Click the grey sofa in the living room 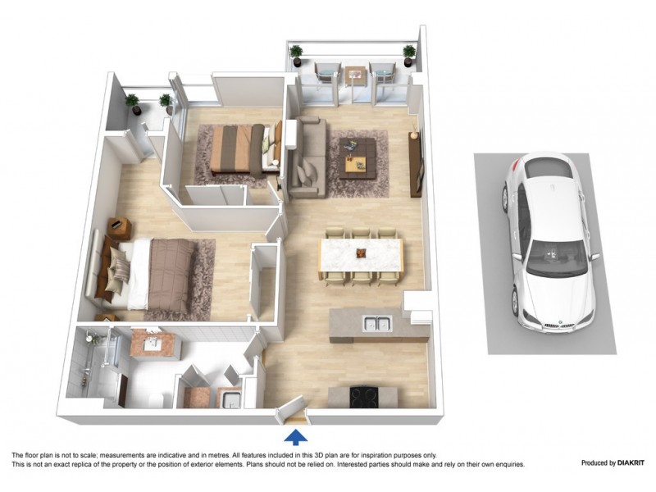pos(307,158)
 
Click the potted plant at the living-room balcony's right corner pos(408,54)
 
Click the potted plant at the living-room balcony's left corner pos(296,54)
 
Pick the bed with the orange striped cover pos(238,149)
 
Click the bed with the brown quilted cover pos(160,275)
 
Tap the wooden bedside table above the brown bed pos(120,226)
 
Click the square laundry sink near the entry pos(230,399)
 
